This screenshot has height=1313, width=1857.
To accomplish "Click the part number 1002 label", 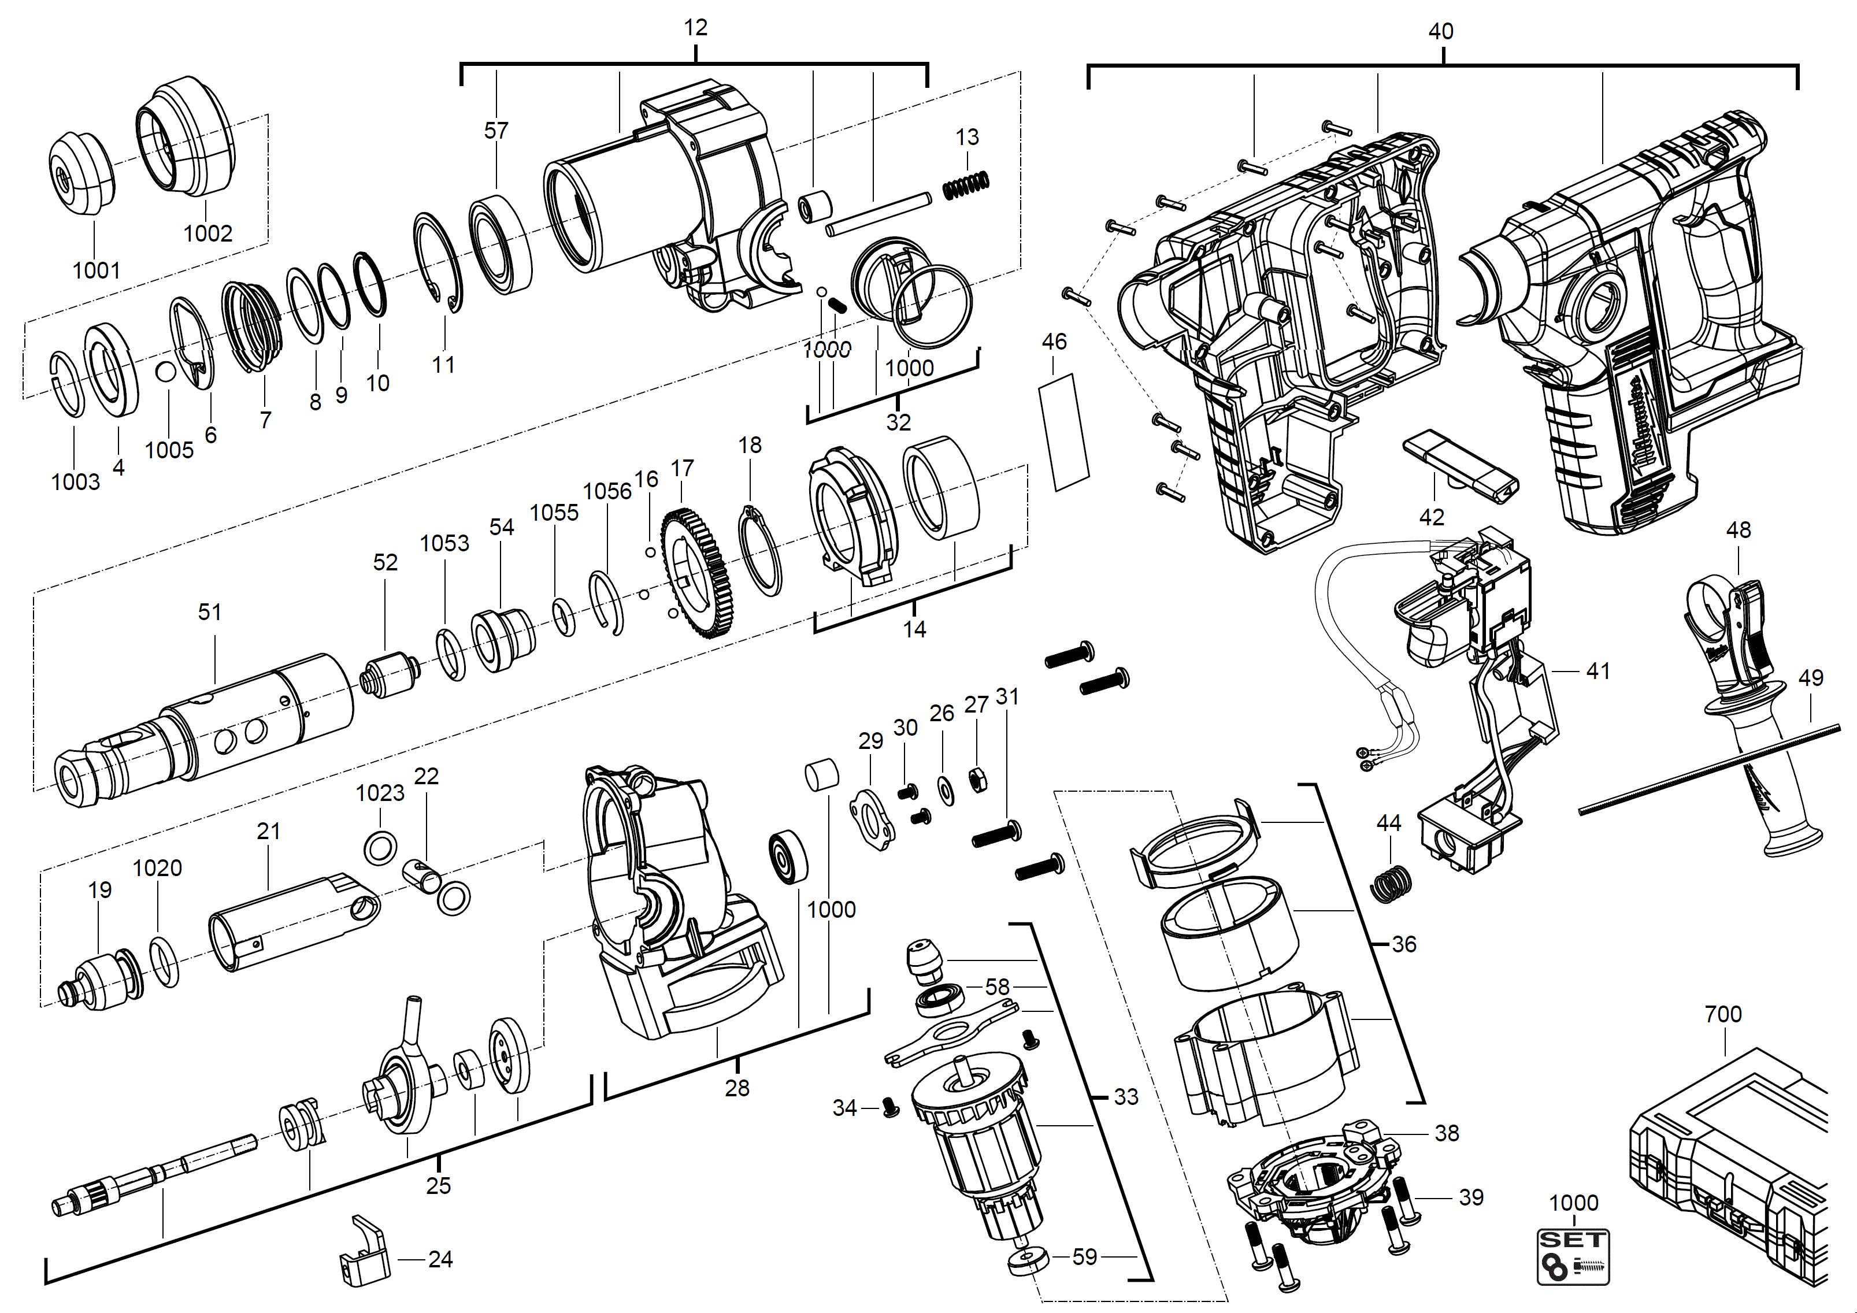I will click(208, 233).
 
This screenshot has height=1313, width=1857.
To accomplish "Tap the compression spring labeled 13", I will click(966, 186).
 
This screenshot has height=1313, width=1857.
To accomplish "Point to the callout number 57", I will click(496, 131).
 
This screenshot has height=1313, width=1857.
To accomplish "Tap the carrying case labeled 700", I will click(1731, 1173).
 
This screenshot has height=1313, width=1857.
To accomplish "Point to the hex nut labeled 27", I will click(977, 780).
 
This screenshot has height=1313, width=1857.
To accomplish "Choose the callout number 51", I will click(209, 612).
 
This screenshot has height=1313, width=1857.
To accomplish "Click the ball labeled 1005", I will click(166, 371).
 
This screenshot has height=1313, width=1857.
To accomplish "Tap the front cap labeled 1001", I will click(81, 174).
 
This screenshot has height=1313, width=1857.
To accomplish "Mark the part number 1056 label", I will click(607, 492).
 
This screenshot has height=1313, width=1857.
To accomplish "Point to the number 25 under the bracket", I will click(438, 1186).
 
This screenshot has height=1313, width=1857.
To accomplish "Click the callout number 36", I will click(1404, 944).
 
